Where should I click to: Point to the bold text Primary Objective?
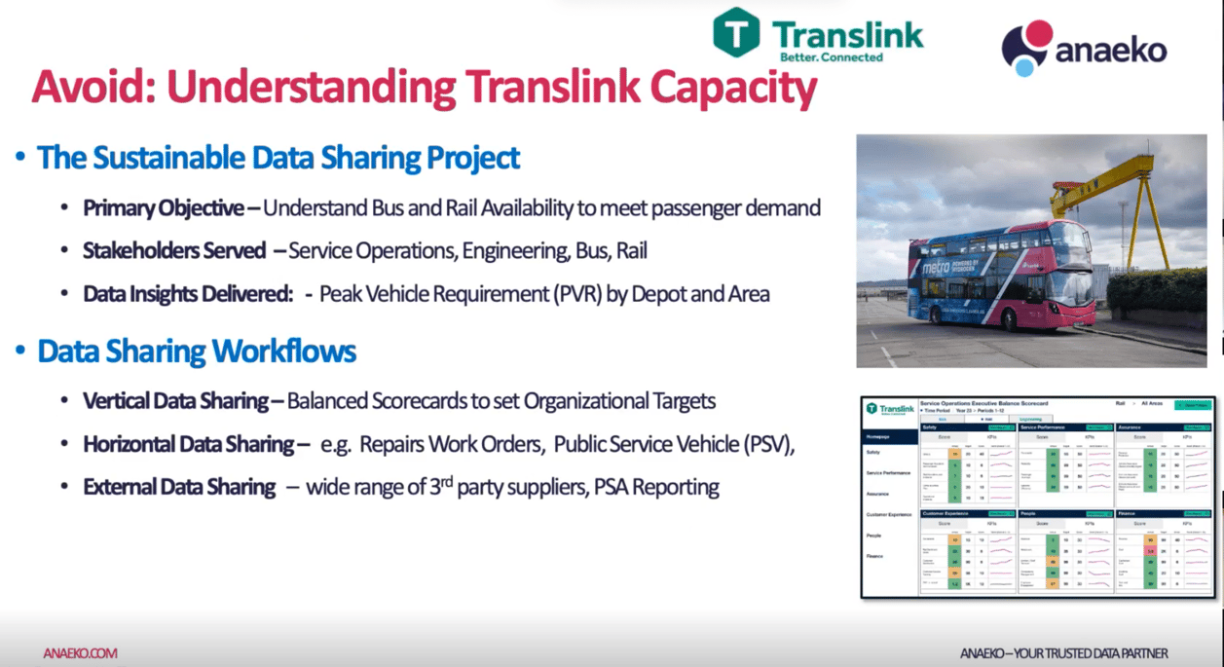coord(163,208)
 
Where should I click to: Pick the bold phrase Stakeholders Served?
coord(174,251)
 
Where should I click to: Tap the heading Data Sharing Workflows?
coord(197,351)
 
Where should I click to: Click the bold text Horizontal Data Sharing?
coord(189,445)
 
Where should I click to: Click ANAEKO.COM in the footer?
coord(80,653)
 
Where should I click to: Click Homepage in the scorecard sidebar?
coord(879,437)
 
